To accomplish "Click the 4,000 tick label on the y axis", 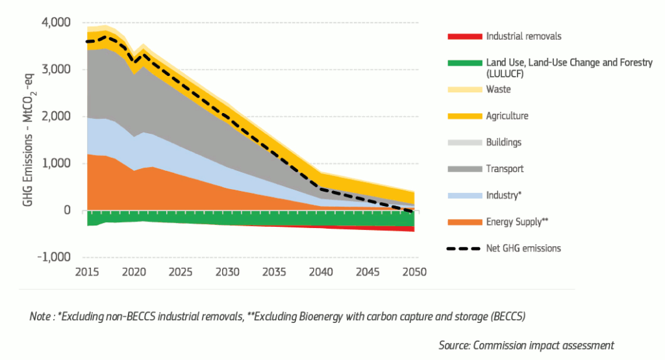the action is [x=56, y=23].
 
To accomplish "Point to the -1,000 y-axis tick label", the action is [x=54, y=257].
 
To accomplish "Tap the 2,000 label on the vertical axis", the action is [x=56, y=116].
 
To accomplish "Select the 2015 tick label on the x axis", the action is [x=87, y=272].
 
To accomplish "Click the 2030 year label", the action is [x=227, y=272].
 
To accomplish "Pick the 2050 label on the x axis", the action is [x=414, y=272].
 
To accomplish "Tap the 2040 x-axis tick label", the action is [x=321, y=272].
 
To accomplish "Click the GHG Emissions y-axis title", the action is [x=29, y=140].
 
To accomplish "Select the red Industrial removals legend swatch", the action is [x=465, y=36].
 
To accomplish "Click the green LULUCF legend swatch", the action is [x=465, y=63].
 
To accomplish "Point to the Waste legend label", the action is [x=498, y=89].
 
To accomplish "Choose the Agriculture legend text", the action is [x=507, y=116].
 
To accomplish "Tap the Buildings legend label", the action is [x=504, y=142].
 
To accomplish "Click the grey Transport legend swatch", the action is [x=465, y=169].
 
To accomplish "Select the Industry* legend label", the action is [x=504, y=196].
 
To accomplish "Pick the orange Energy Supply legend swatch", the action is [x=465, y=222].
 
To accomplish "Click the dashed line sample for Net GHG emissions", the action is [x=464, y=249].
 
